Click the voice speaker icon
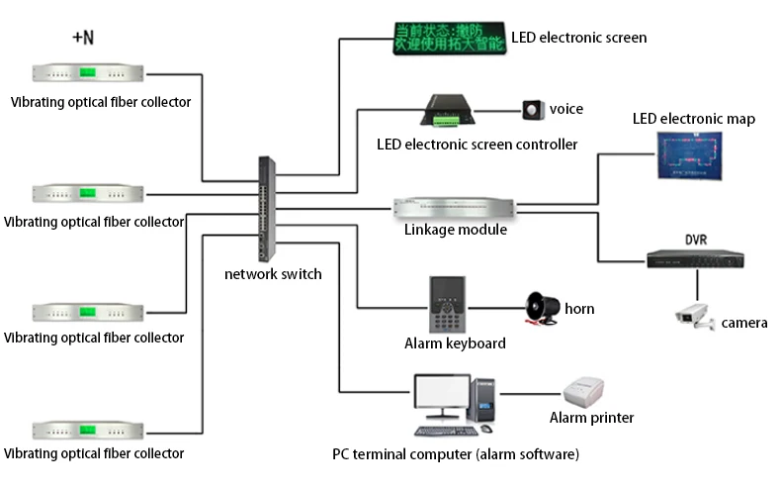534,109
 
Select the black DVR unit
695,258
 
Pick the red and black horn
541,309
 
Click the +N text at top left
84,38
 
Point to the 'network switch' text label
273,274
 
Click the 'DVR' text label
697,240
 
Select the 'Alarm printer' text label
591,418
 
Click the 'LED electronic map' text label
693,120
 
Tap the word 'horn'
579,309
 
